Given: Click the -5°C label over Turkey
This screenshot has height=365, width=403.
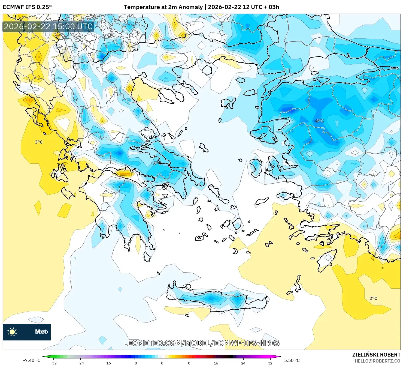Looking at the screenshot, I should click(x=319, y=121).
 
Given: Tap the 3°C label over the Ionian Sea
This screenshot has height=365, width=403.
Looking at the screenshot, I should click(x=39, y=142).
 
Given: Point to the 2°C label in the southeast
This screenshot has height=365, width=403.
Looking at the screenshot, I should click(x=373, y=298).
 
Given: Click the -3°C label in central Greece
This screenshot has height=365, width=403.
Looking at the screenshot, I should click(x=156, y=163).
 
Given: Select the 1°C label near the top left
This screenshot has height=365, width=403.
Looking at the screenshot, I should click(x=111, y=35).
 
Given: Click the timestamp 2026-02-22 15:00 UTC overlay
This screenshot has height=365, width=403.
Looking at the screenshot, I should click(x=48, y=26).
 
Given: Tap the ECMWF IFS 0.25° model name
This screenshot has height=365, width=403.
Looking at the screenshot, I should click(x=27, y=7).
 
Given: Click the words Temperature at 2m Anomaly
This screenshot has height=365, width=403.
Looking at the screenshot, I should click(x=163, y=7).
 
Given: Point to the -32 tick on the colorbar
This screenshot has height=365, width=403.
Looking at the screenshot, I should click(x=53, y=363).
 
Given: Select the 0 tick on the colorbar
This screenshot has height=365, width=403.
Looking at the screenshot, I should click(x=162, y=363).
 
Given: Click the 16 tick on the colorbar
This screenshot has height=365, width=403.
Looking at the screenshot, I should click(x=216, y=363).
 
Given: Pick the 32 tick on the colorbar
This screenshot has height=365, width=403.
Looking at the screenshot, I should click(x=270, y=363).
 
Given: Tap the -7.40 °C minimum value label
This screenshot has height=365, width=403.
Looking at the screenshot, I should click(x=32, y=360).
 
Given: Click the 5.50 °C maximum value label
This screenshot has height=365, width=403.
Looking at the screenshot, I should click(x=292, y=360).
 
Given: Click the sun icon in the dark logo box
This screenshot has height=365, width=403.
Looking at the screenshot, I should click(x=12, y=332).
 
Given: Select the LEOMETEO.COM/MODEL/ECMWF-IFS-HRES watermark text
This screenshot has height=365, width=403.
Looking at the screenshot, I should click(x=201, y=343).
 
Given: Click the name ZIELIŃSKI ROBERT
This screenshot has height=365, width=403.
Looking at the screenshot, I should click(x=376, y=355).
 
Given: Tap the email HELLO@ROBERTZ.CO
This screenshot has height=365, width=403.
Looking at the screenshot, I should click(x=377, y=361).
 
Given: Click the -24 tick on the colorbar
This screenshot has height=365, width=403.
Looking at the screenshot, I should click(x=81, y=363).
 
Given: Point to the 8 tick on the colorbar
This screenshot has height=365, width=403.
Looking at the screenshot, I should click(x=189, y=363).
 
